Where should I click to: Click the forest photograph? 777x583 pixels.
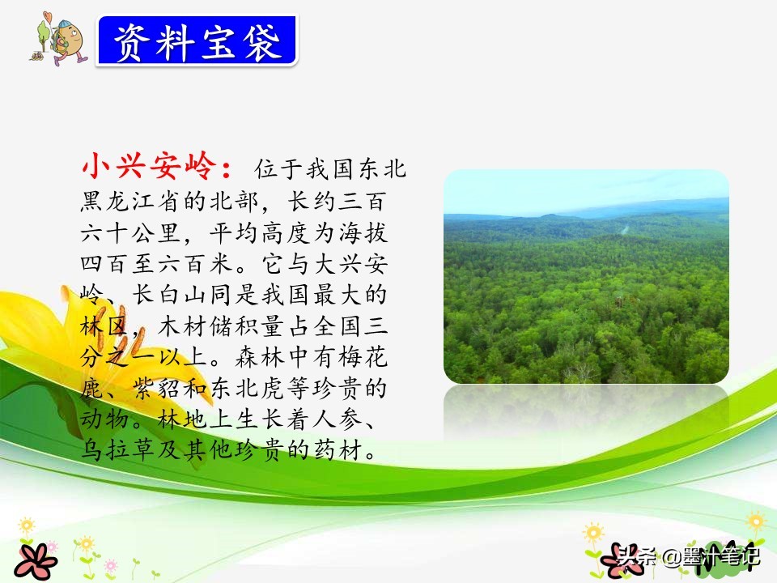[586, 276]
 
